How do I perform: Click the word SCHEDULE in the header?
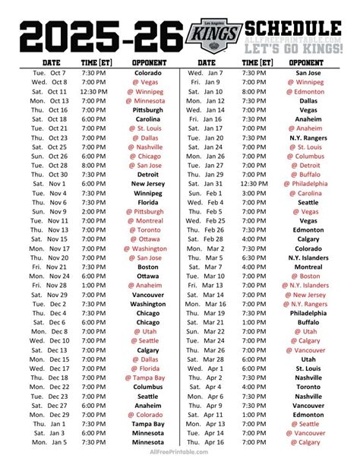pyautogui.click(x=297, y=28)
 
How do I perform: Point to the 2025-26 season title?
pyautogui.click(x=99, y=36)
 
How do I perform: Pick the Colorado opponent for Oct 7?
pyautogui.click(x=147, y=73)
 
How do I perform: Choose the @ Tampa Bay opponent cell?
pyautogui.click(x=147, y=377)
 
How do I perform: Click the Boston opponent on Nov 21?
pyautogui.click(x=147, y=267)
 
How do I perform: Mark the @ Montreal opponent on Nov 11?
pyautogui.click(x=147, y=220)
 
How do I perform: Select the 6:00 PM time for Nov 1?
pyautogui.click(x=96, y=183)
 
